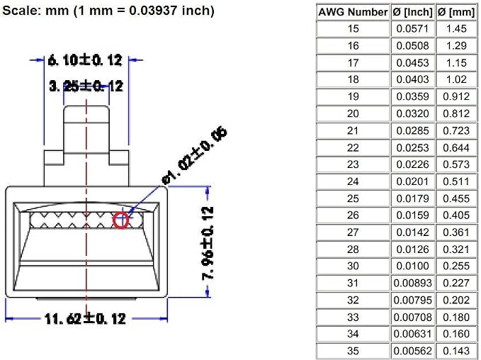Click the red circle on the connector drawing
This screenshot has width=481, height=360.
[114, 220]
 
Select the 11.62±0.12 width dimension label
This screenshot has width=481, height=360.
[85, 319]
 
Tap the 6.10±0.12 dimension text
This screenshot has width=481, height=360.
[85, 60]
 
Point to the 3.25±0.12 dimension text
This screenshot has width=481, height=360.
[86, 86]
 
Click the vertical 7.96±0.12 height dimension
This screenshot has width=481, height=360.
[208, 243]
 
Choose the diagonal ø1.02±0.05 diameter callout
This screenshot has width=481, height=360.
[195, 156]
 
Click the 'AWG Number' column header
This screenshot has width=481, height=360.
[353, 12]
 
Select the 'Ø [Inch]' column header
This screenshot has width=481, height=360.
[412, 12]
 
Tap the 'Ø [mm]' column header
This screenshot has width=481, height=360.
[456, 12]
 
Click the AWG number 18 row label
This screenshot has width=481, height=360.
[353, 79]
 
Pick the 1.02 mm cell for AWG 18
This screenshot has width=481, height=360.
[456, 79]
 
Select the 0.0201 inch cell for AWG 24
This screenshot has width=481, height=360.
[412, 181]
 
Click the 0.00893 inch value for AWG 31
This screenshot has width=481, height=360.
[412, 283]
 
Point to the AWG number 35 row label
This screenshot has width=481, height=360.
[353, 351]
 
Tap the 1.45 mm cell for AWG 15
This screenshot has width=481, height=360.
[456, 28]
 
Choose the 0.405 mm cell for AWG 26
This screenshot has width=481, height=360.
[456, 215]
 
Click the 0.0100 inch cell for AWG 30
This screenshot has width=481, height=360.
[412, 266]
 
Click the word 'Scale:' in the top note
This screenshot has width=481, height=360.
[22, 11]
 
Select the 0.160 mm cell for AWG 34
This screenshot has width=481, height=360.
[456, 334]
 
